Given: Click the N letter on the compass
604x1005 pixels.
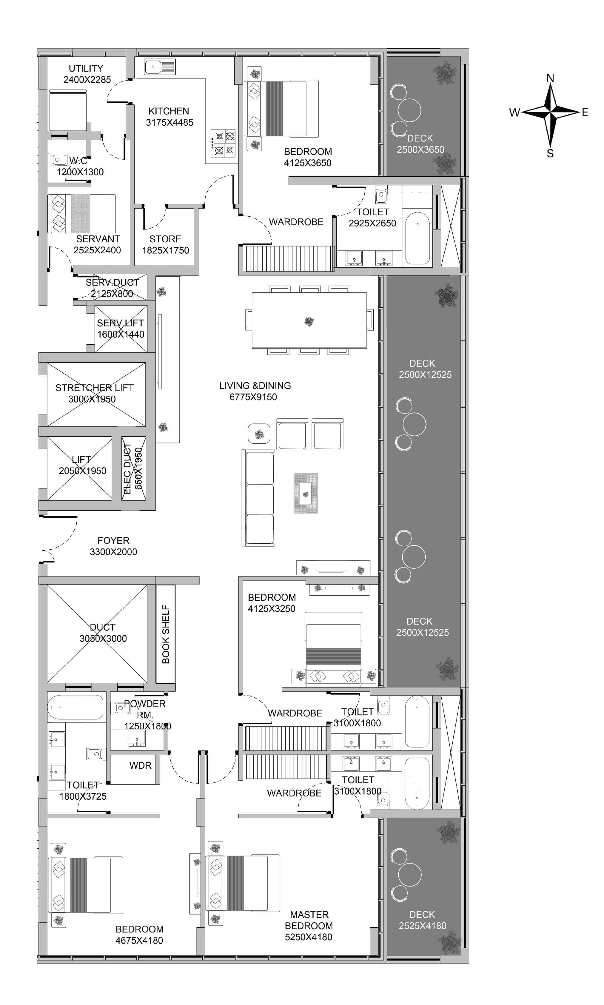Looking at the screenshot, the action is (x=550, y=78).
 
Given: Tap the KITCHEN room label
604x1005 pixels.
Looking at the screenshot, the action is (x=169, y=111).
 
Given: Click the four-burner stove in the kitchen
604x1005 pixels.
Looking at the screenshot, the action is (x=223, y=143).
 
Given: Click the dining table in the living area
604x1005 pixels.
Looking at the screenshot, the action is (x=309, y=320).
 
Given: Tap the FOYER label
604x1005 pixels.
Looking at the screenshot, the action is (x=114, y=540).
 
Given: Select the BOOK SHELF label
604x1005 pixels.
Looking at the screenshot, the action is (x=166, y=634).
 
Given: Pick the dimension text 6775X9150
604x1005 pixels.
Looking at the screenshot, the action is (x=253, y=397).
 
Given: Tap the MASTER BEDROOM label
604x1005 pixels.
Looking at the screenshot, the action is (x=309, y=920).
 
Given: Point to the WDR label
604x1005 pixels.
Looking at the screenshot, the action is (x=141, y=765).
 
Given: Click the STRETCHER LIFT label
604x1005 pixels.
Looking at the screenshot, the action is (x=94, y=388).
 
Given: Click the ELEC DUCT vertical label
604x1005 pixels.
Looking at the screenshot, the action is (x=127, y=469).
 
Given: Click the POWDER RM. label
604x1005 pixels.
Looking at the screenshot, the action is (x=145, y=709).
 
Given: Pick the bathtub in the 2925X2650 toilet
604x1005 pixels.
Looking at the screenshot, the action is (x=417, y=238).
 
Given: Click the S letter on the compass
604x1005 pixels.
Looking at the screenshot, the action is (x=550, y=153).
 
